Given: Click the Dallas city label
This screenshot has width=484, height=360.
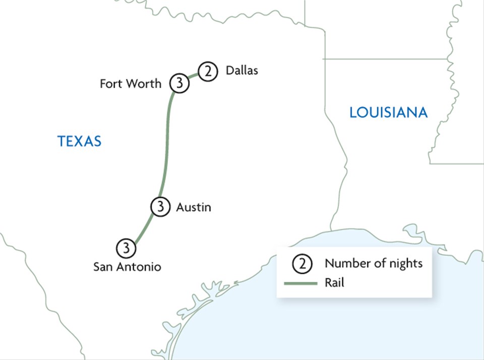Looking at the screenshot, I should tap(241, 71).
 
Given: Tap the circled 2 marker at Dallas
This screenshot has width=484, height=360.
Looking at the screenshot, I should tap(207, 72).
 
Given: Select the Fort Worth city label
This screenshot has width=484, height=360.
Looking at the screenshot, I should tap(130, 84).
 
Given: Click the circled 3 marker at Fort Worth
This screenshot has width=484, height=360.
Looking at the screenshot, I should tap(179, 84).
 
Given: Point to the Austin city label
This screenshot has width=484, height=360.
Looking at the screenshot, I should tap(193, 207).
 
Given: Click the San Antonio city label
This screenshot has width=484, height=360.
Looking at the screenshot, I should tap(127, 267).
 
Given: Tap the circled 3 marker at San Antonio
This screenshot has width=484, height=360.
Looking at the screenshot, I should tap(126, 248).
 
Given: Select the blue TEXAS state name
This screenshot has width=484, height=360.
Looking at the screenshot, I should tap(79, 141).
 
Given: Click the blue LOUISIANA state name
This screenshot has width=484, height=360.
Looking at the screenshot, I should tap(388, 112).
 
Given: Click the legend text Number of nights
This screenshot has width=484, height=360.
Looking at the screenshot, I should tap(373, 263).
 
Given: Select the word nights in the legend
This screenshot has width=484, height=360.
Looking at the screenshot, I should tap(406, 263).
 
